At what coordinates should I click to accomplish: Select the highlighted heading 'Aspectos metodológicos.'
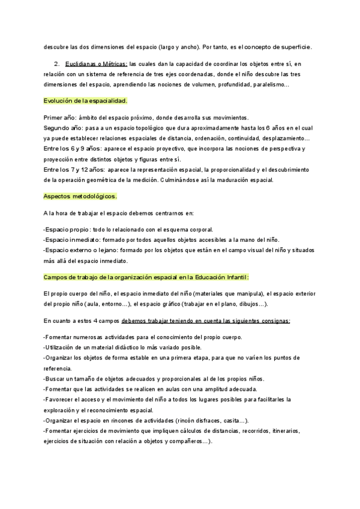coord(80,196)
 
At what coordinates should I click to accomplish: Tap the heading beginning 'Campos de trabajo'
coord(146,277)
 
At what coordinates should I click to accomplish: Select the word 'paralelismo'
coord(268,85)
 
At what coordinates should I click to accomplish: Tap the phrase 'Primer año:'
coord(60,117)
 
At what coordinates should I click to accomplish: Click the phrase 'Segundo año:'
coord(64,128)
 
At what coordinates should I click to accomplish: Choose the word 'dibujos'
coord(249,304)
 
